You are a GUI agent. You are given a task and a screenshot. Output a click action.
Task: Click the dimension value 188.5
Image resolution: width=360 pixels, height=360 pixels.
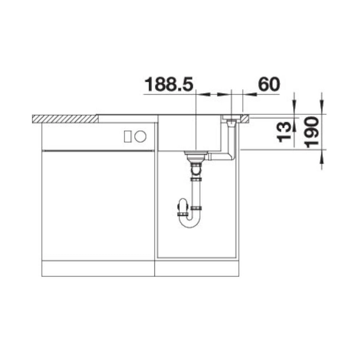click(x=169, y=84)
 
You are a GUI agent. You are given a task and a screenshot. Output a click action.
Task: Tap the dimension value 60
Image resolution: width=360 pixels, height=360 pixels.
click(x=269, y=84)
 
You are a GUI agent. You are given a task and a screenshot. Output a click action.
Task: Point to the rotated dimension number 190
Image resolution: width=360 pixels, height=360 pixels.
click(x=312, y=132)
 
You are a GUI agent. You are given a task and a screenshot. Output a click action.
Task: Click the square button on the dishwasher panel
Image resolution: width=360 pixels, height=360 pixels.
click(x=128, y=136)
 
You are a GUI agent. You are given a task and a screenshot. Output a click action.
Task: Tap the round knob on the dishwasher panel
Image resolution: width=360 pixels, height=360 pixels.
click(x=140, y=136)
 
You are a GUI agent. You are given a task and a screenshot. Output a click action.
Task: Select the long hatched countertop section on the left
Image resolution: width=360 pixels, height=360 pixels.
click(x=65, y=119)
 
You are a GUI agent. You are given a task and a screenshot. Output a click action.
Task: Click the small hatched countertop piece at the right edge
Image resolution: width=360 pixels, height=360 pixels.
click(x=245, y=119)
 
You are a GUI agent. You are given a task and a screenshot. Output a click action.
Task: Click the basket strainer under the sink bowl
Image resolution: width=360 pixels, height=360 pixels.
click(x=196, y=157)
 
